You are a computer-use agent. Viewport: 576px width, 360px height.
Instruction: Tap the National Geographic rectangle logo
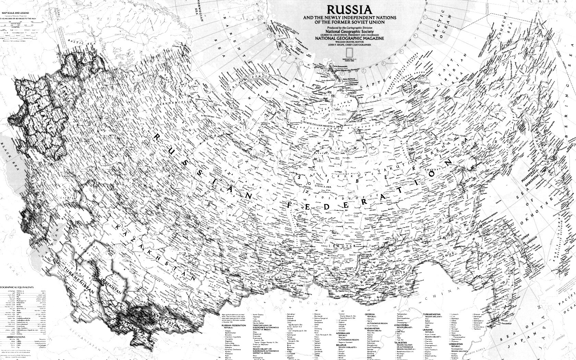349,52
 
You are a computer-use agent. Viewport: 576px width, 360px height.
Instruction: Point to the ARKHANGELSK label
177,102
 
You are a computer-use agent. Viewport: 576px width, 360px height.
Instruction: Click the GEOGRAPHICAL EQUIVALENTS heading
17,287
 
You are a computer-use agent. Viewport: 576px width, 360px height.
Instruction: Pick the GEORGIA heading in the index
369,314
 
